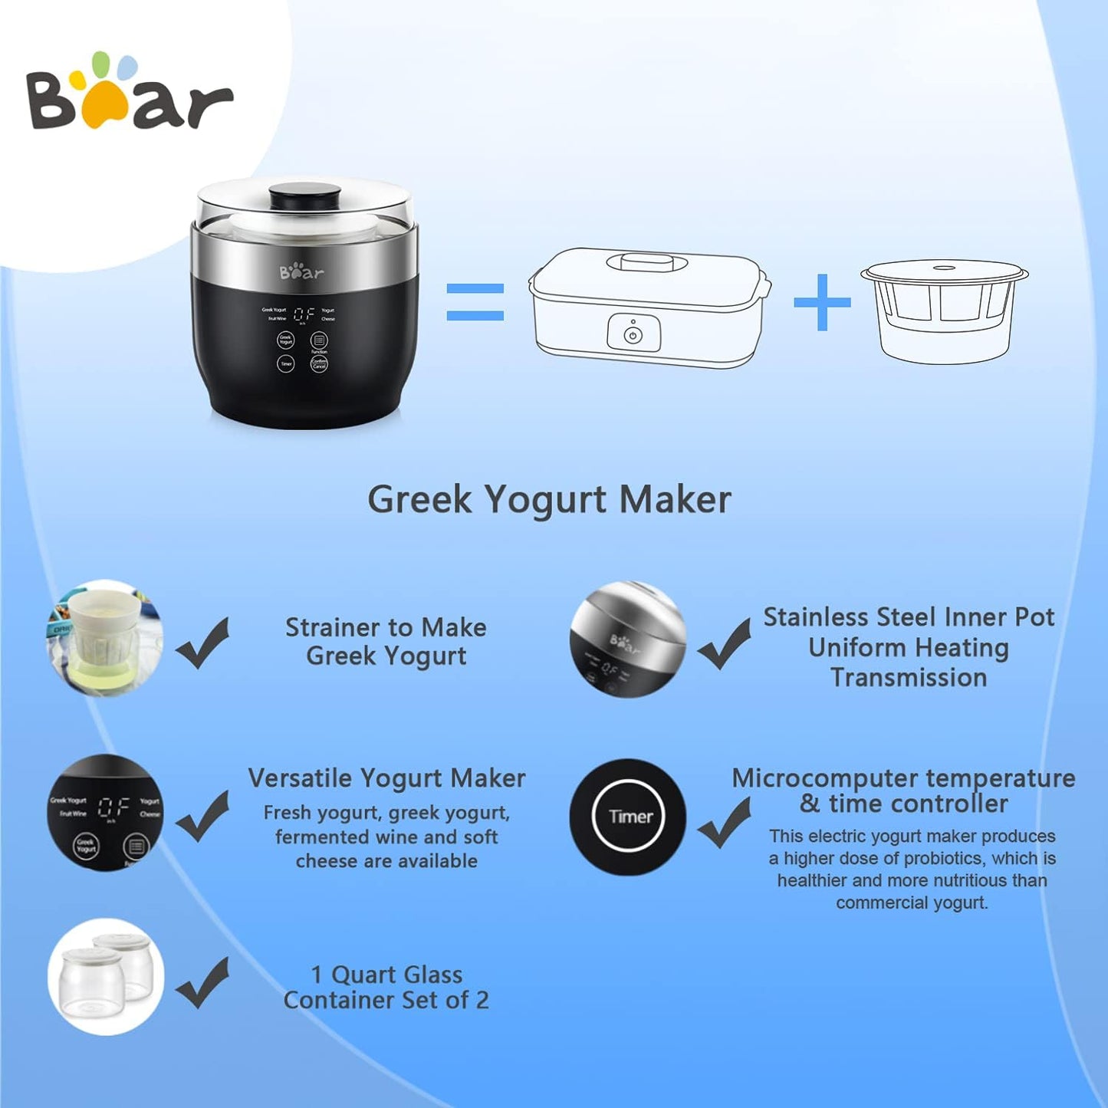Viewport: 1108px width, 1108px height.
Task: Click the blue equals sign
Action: (475, 302)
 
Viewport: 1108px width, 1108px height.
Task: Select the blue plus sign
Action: (822, 302)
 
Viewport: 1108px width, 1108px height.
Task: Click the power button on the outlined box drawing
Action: (633, 335)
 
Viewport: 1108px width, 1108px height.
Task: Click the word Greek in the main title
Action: (419, 500)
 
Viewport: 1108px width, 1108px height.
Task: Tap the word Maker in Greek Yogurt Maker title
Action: (675, 500)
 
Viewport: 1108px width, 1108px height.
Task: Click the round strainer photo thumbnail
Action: (105, 639)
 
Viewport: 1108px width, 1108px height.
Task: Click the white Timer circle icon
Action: (628, 817)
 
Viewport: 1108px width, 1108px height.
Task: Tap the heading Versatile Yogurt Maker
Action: (386, 778)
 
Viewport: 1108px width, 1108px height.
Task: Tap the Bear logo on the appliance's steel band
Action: (301, 272)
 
